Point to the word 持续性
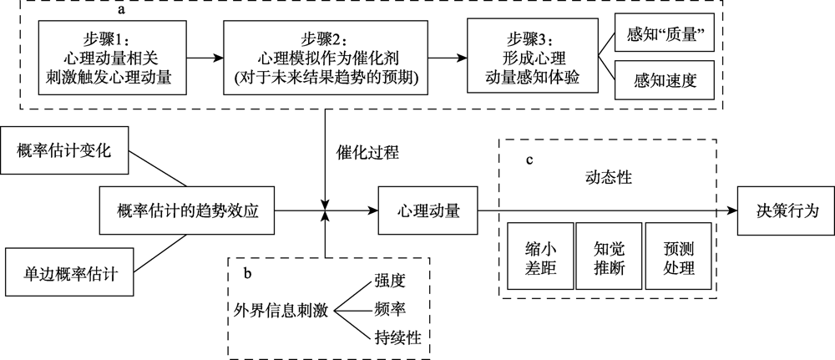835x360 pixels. pos(397,337)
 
